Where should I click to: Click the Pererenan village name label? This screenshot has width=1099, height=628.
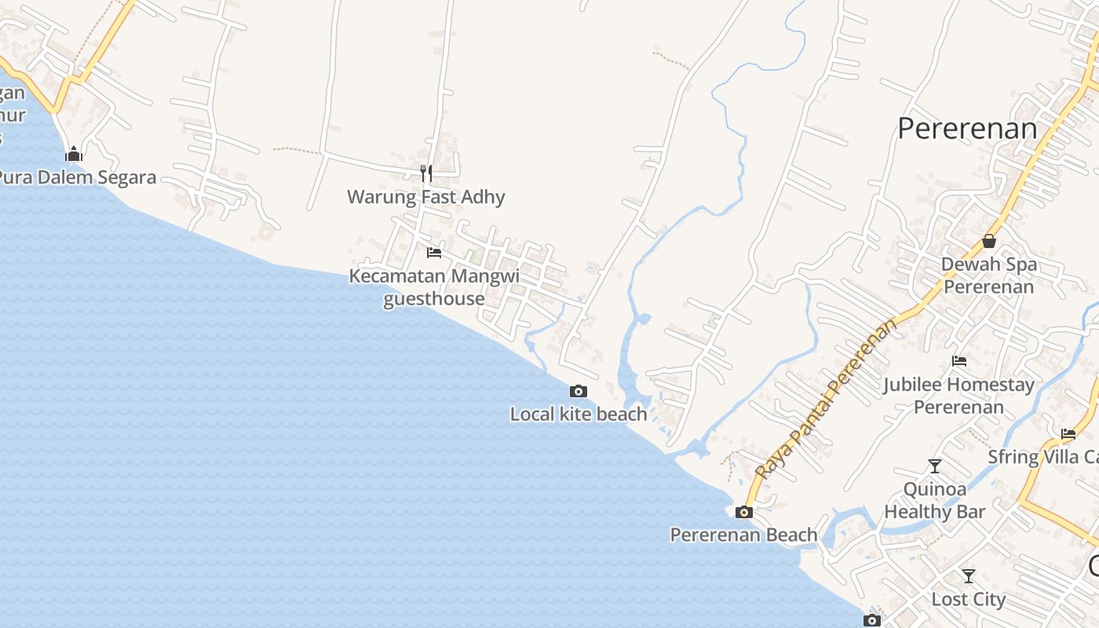967,129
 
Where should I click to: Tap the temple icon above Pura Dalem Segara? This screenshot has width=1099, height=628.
74,154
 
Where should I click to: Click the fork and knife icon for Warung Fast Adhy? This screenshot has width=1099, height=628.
426,173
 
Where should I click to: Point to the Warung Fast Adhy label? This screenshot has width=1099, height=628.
426,197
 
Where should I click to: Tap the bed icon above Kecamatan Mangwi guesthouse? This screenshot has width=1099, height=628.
433,253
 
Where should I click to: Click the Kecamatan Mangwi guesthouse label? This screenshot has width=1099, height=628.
434,287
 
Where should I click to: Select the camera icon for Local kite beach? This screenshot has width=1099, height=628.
578,391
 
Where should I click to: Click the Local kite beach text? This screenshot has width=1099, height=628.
579,414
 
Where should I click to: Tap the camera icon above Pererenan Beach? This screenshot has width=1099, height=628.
743,512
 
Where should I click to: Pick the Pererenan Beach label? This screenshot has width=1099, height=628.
743,535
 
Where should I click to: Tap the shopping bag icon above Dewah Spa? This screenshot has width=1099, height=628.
989,241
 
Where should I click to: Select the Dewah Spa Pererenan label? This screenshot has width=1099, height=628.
989,275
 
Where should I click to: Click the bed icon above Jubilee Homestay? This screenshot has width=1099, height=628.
958,361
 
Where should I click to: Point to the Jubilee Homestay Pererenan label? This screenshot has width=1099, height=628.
958,396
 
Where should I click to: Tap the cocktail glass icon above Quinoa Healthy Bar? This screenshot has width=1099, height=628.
934,466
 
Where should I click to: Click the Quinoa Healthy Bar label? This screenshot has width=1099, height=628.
934,500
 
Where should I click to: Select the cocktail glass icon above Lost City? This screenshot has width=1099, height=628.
969,576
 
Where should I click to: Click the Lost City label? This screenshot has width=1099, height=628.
968,600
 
